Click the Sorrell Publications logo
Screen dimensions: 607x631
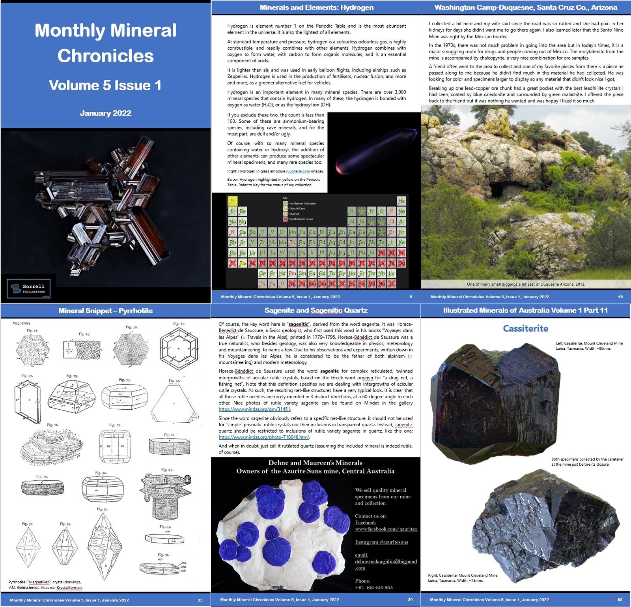(28, 289)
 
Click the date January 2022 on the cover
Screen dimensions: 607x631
(106, 113)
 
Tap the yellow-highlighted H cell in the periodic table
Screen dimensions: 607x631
(233, 201)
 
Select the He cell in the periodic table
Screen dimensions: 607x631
(401, 201)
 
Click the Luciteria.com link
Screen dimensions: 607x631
(298, 171)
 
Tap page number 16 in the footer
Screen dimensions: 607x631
(620, 297)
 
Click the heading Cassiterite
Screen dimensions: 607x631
(525, 328)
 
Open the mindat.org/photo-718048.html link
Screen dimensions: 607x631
(264, 437)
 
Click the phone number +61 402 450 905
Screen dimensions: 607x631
(374, 588)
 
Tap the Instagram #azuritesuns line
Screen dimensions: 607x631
(381, 542)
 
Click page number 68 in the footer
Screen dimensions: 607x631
(620, 600)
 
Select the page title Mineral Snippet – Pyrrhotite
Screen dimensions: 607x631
(106, 311)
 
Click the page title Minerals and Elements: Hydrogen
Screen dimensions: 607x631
(316, 7)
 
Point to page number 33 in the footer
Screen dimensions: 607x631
(200, 600)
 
